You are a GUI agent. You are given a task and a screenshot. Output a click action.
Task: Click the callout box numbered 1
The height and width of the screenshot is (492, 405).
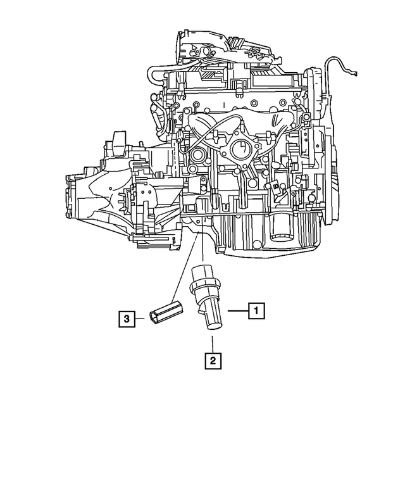(255, 310)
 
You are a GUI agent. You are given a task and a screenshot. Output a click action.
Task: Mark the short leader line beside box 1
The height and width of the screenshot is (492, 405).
(237, 310)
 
